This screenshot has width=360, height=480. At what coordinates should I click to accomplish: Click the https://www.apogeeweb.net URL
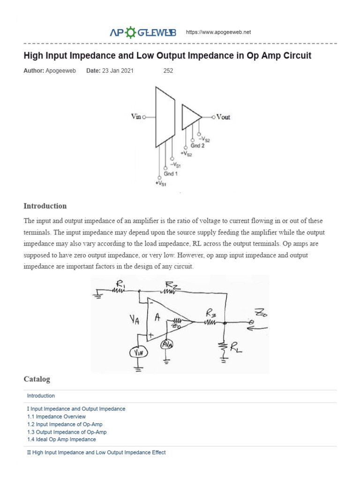pyautogui.click(x=218, y=32)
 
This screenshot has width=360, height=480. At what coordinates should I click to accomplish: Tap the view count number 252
pyautogui.click(x=168, y=71)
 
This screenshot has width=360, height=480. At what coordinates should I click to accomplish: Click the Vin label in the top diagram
pyautogui.click(x=136, y=117)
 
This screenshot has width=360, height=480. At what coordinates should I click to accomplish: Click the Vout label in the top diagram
pyautogui.click(x=223, y=117)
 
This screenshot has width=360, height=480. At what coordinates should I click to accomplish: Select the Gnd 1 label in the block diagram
pyautogui.click(x=170, y=174)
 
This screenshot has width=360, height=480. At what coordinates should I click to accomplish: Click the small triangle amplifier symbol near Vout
pyautogui.click(x=190, y=117)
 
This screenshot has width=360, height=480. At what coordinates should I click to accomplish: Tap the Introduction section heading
pyautogui.click(x=45, y=206)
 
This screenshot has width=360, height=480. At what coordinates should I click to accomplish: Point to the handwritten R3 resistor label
pyautogui.click(x=210, y=314)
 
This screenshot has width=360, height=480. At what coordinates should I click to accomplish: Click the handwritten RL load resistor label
pyautogui.click(x=237, y=347)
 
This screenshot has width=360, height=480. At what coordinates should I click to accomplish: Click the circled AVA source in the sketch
pyautogui.click(x=167, y=345)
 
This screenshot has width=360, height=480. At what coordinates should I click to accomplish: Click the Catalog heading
pyautogui.click(x=37, y=379)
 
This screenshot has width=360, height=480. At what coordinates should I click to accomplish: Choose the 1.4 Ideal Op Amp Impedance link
pyautogui.click(x=61, y=439)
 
